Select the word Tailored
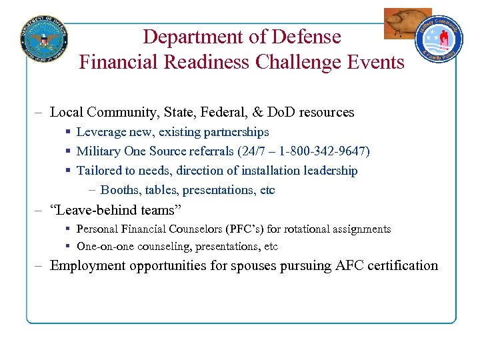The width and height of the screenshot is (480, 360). click(x=99, y=171)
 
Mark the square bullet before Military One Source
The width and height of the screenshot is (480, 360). click(x=69, y=152)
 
